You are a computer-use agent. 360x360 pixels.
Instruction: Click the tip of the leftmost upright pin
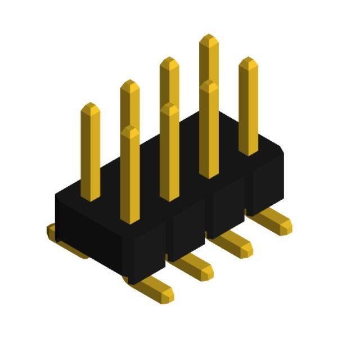tap(90, 107)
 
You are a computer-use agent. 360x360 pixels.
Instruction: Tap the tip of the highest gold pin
tap(209, 38)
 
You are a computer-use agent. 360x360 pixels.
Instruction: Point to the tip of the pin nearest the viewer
tap(130, 130)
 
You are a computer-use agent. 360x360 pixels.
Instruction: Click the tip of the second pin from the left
tap(129, 84)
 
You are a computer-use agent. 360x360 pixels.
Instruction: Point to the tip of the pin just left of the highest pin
tap(169, 61)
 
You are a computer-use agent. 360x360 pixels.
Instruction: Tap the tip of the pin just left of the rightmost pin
tap(209, 84)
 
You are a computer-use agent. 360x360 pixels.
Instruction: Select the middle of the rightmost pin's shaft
tap(248, 107)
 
